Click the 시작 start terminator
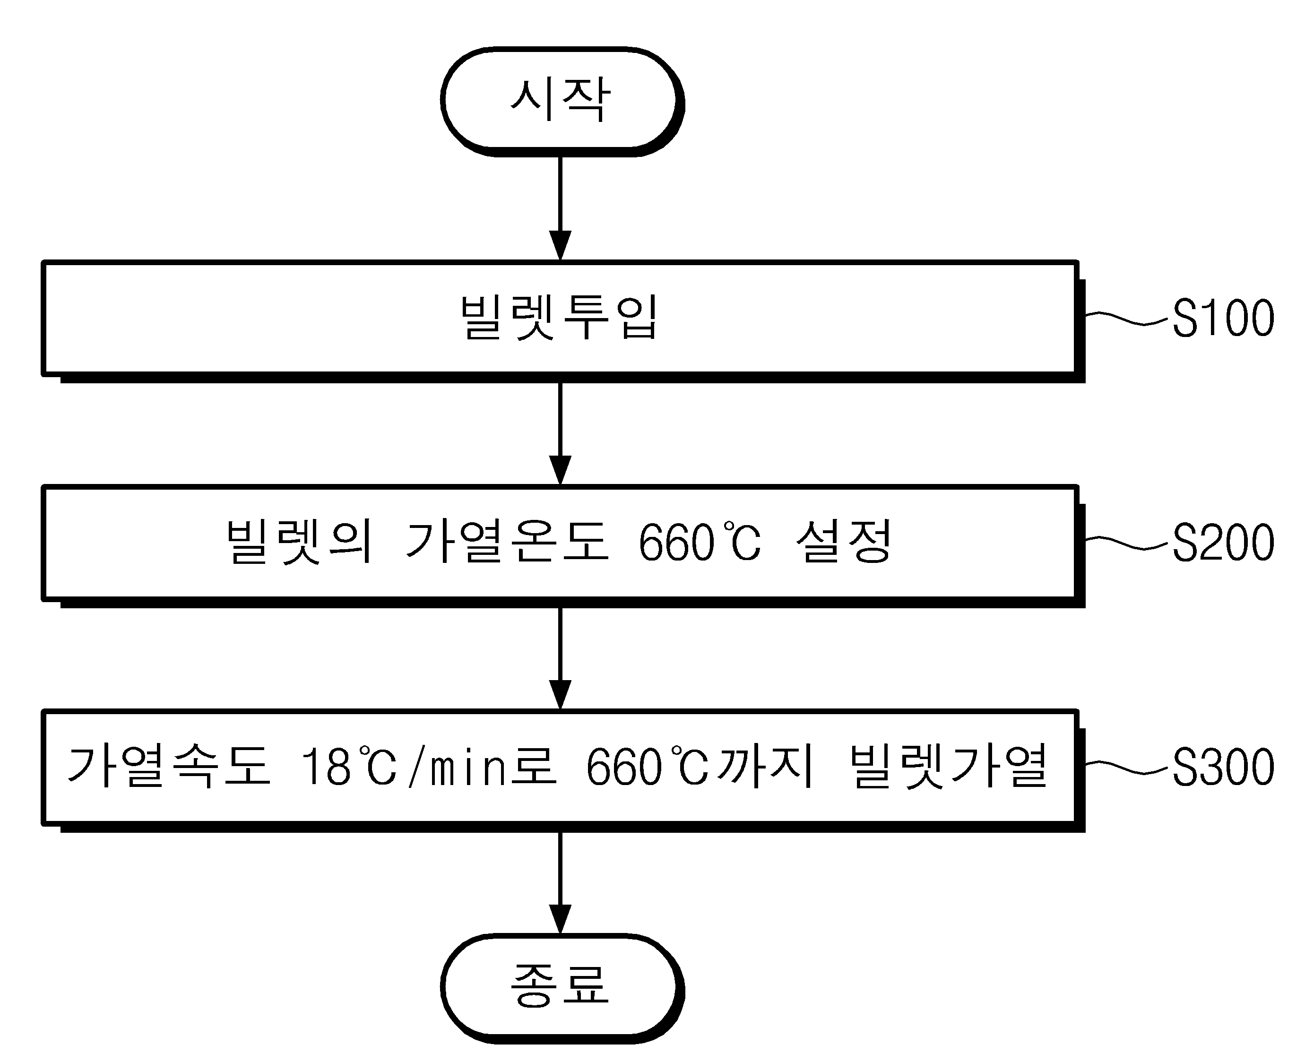(x=562, y=101)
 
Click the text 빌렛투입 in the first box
(x=559, y=317)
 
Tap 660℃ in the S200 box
(x=700, y=542)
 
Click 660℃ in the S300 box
(x=647, y=767)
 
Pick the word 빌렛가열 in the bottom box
(x=949, y=766)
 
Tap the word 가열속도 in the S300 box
(x=169, y=766)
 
